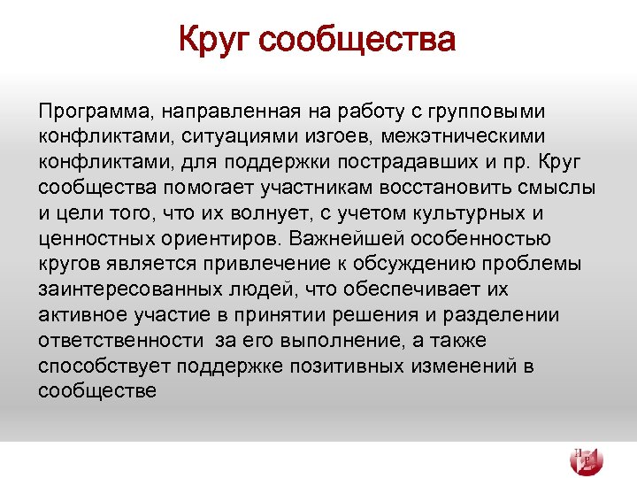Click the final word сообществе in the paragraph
(x=97, y=391)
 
